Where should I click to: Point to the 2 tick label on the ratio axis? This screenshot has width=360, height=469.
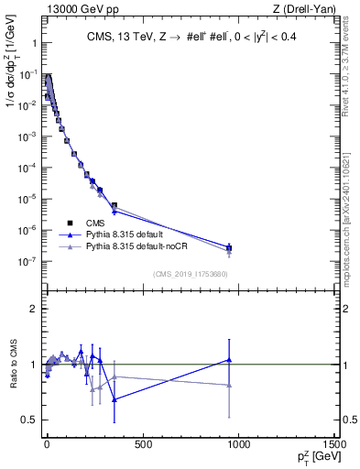coord(34,309)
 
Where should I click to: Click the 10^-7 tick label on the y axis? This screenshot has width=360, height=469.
coord(27,261)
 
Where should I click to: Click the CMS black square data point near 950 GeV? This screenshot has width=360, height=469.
coord(229,248)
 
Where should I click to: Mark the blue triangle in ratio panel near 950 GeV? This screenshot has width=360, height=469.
coord(229,360)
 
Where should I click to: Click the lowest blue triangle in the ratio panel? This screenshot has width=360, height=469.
coord(114,399)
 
